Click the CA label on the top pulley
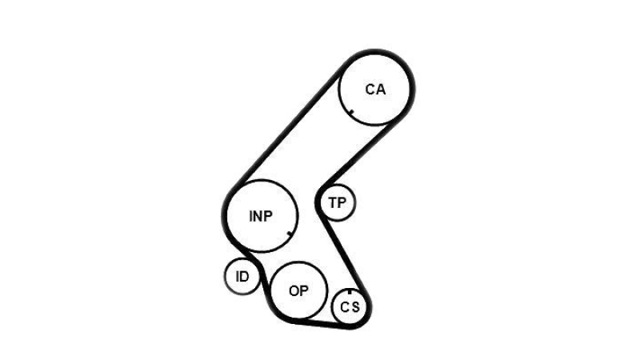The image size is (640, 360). [375, 89]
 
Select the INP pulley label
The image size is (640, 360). [261, 216]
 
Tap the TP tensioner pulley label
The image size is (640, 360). [338, 202]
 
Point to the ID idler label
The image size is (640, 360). [242, 277]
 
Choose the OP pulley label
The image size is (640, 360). [298, 291]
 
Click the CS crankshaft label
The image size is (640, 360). [350, 306]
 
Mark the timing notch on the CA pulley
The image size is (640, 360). [351, 112]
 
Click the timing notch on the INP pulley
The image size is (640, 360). [290, 234]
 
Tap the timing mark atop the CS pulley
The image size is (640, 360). [350, 291]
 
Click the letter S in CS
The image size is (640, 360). [355, 306]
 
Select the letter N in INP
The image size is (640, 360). [259, 216]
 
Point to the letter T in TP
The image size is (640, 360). [333, 202]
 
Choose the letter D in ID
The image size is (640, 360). [245, 277]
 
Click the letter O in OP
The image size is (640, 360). [294, 291]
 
